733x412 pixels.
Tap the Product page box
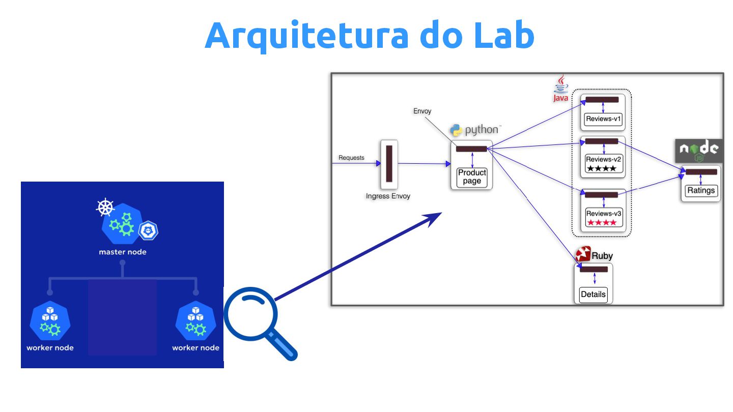coord(472,177)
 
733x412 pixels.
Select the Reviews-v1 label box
coord(604,120)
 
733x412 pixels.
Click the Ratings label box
coord(701,191)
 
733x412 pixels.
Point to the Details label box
coord(593,295)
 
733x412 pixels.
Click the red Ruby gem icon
coord(583,255)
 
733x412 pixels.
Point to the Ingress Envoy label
coord(388,196)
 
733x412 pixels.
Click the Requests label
coord(351,158)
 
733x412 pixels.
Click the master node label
coord(122,252)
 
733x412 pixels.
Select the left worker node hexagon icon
coord(50,320)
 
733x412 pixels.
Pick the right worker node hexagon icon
coord(195,320)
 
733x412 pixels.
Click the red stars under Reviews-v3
coord(602,223)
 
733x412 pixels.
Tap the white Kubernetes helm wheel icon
coord(105,208)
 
